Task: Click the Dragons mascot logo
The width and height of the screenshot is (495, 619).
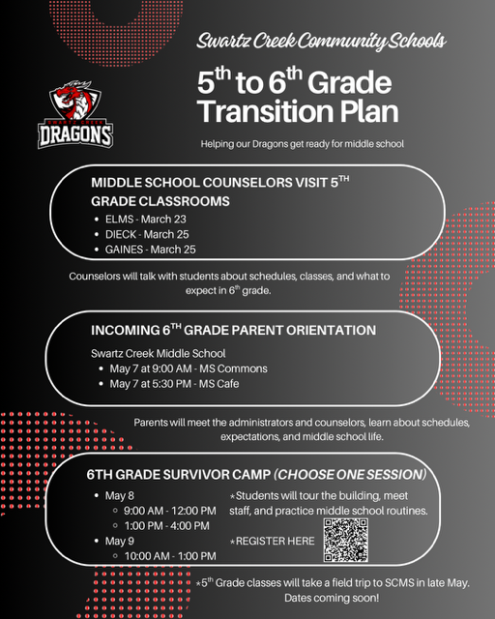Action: pos(75,114)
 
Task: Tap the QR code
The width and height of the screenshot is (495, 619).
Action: pos(346,540)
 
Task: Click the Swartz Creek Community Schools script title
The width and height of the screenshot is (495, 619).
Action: pos(321,42)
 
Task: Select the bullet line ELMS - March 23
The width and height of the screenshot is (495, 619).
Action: pos(146,219)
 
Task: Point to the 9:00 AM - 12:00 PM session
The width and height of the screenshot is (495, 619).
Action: pos(169,510)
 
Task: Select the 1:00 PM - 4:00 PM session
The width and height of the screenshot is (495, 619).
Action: pos(166,525)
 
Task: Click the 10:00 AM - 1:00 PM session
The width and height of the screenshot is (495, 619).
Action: pos(169,556)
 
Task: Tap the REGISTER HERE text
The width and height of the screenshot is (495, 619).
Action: pos(275,541)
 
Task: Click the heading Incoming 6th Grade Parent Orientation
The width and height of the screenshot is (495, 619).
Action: pos(233,330)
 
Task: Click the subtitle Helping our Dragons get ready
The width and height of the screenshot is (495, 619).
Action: pos(302,144)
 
